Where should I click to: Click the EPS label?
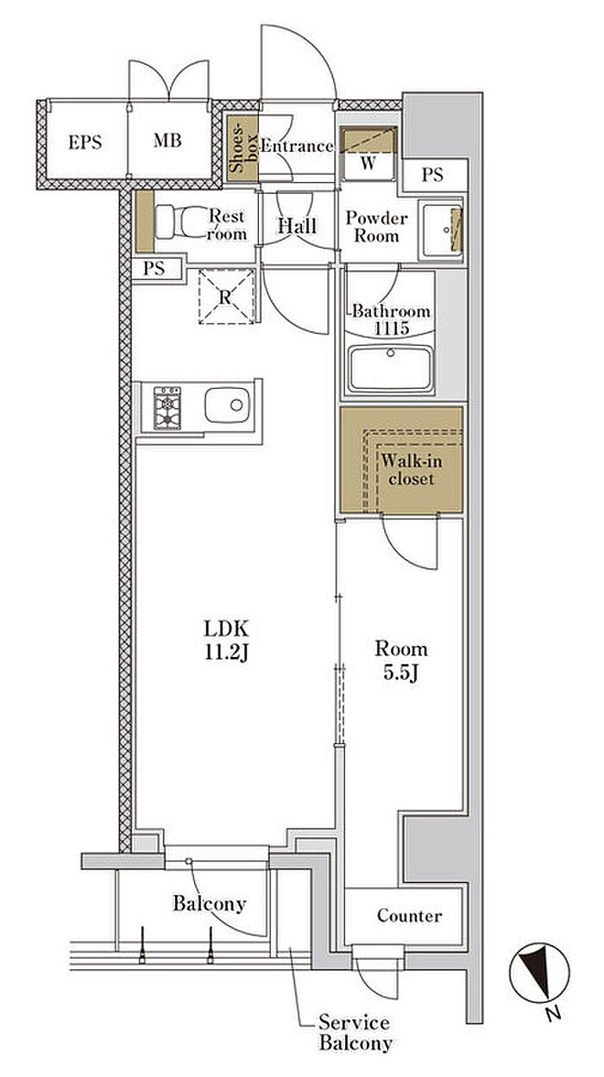pyautogui.click(x=85, y=142)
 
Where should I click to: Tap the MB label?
pyautogui.click(x=167, y=141)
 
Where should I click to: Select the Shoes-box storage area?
pyautogui.click(x=242, y=148)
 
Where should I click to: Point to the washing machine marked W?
pyautogui.click(x=368, y=153)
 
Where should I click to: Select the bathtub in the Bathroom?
pyautogui.click(x=391, y=369)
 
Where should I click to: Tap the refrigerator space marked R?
pyautogui.click(x=226, y=297)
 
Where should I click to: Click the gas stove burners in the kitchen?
pyautogui.click(x=167, y=408)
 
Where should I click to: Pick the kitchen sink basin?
pyautogui.click(x=227, y=404)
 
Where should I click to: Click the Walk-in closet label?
pyautogui.click(x=412, y=470)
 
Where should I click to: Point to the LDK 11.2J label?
pyautogui.click(x=226, y=641)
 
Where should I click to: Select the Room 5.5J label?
pyautogui.click(x=401, y=661)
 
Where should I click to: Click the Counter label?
pyautogui.click(x=410, y=916)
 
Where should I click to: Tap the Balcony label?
pyautogui.click(x=210, y=904)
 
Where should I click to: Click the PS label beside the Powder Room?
pyautogui.click(x=432, y=174)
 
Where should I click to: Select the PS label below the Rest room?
pyautogui.click(x=154, y=268)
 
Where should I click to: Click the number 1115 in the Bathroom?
pyautogui.click(x=392, y=329)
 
